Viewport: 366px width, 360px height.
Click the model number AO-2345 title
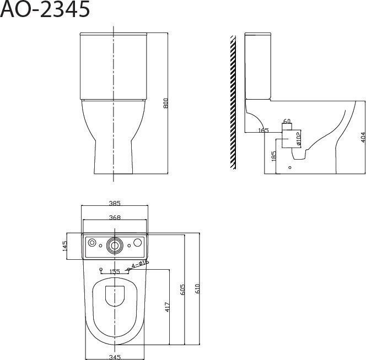pyautogui.click(x=45, y=9)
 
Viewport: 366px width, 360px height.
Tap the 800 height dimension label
pyautogui.click(x=165, y=103)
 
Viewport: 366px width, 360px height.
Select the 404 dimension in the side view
pyautogui.click(x=363, y=137)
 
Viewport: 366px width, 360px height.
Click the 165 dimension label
pyautogui.click(x=263, y=130)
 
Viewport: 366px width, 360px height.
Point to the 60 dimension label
pyautogui.click(x=287, y=121)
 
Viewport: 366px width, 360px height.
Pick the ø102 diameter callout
pyautogui.click(x=299, y=139)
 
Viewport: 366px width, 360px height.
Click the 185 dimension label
pyautogui.click(x=274, y=156)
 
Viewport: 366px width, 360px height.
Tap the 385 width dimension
pyautogui.click(x=115, y=203)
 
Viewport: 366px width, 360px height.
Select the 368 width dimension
pyautogui.click(x=115, y=217)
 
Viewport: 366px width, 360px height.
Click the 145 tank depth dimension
pyautogui.click(x=64, y=246)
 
